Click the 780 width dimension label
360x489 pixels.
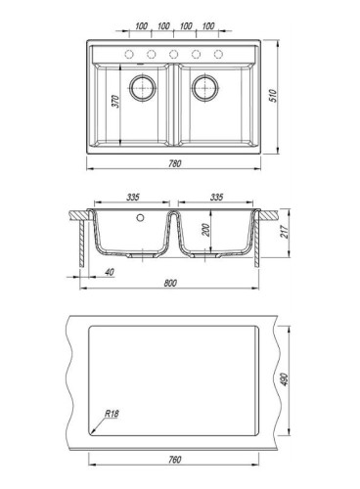[175, 163]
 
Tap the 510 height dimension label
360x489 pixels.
[274, 96]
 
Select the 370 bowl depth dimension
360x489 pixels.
[116, 102]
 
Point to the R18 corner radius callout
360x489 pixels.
[112, 414]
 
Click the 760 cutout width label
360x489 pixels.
[175, 460]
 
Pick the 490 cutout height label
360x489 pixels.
[284, 379]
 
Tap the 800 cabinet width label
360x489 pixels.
[170, 283]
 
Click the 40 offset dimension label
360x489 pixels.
[110, 272]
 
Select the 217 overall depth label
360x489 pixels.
[285, 232]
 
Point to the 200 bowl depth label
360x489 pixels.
[206, 230]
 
